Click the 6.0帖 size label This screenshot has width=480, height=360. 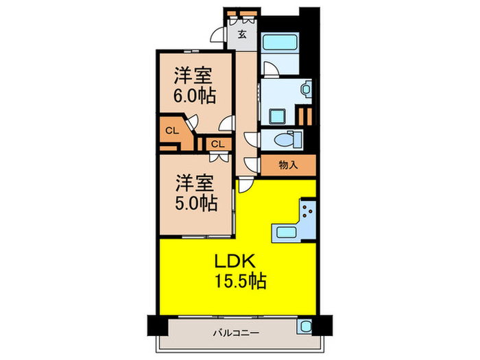[194, 95]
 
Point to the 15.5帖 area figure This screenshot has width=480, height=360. [238, 280]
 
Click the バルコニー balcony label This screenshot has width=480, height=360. [230, 334]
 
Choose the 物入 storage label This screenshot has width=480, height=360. [288, 165]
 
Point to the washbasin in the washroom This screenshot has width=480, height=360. [304, 89]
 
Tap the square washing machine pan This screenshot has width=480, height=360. [278, 115]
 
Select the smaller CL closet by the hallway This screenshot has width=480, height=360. [217, 143]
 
